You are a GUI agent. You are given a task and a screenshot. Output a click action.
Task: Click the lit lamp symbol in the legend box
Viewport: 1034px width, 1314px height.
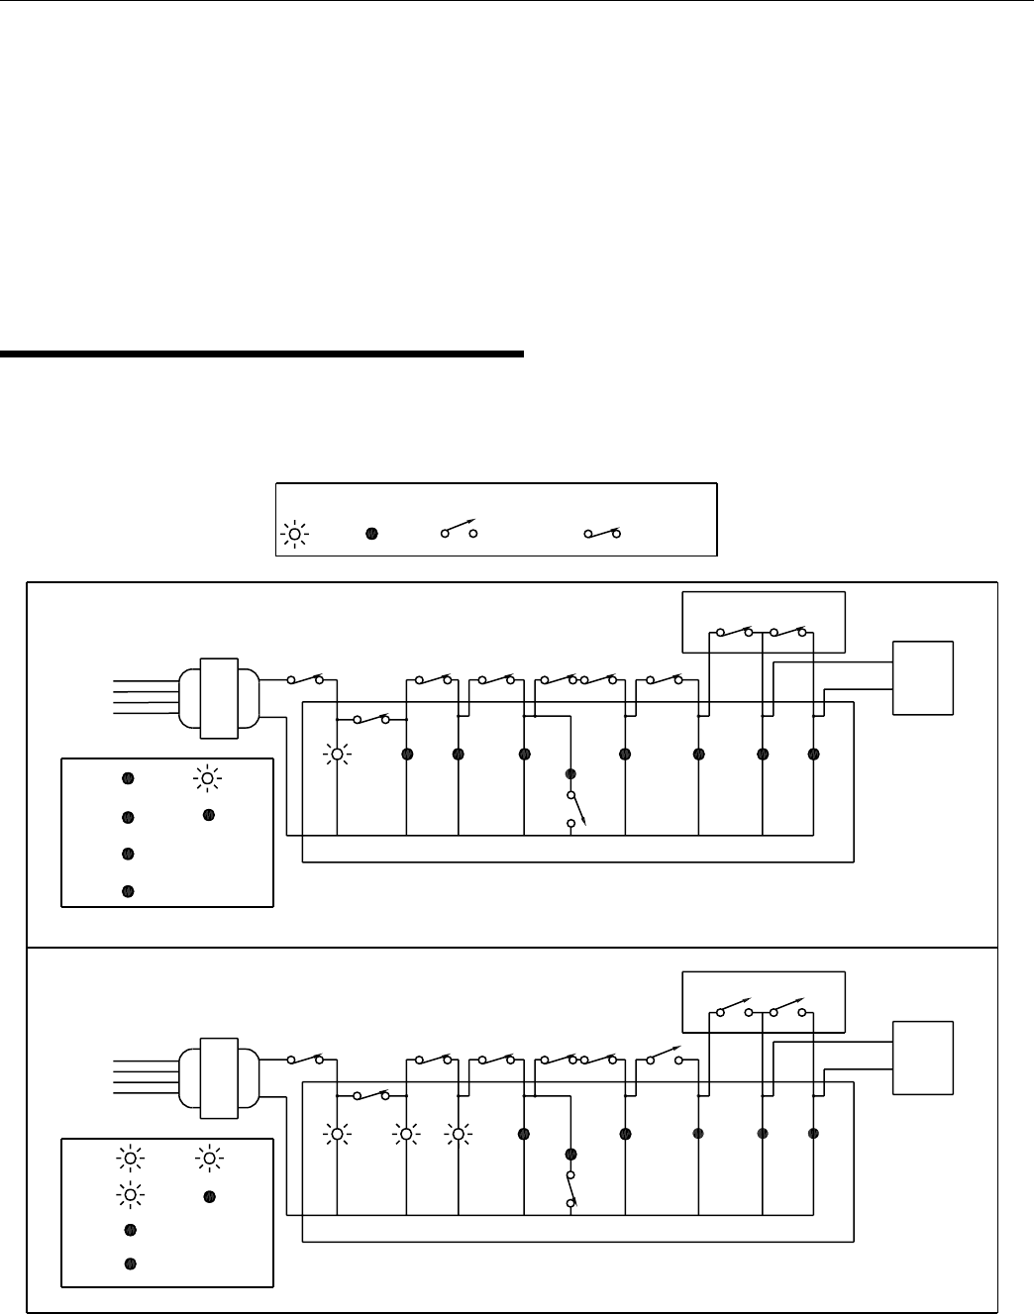pyautogui.click(x=294, y=534)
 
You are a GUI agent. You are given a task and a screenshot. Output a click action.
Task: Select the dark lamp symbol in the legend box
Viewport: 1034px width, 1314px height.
pyautogui.click(x=371, y=534)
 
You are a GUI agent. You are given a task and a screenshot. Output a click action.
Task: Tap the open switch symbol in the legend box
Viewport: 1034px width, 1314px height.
pyautogui.click(x=459, y=532)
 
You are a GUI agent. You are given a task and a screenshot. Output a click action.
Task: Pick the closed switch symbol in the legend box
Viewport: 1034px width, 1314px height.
pyautogui.click(x=602, y=533)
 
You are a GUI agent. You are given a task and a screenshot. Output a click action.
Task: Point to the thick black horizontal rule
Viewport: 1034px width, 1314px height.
pyautogui.click(x=261, y=353)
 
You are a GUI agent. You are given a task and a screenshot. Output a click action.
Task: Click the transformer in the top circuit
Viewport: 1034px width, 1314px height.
pyautogui.click(x=219, y=698)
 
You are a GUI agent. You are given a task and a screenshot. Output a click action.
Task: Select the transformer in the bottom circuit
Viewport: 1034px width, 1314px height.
pyautogui.click(x=219, y=1077)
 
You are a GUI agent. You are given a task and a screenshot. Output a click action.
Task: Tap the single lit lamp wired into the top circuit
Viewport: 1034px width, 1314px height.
pyautogui.click(x=338, y=755)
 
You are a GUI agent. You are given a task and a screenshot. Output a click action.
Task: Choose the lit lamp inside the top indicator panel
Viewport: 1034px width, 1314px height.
pyautogui.click(x=207, y=778)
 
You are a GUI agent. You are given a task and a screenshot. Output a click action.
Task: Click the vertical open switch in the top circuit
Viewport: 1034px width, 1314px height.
pyautogui.click(x=571, y=809)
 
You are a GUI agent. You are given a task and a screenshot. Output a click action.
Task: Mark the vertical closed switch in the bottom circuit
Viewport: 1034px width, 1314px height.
pyautogui.click(x=571, y=1188)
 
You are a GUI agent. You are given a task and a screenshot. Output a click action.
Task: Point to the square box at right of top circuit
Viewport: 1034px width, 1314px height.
pyautogui.click(x=923, y=677)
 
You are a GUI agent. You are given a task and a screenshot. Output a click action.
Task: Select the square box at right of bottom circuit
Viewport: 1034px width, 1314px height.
pyautogui.click(x=923, y=1058)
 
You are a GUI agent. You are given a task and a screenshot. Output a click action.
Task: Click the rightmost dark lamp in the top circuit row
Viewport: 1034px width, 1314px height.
pyautogui.click(x=813, y=755)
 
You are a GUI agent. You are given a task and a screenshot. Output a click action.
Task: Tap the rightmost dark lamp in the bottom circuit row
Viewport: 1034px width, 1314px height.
pyautogui.click(x=813, y=1134)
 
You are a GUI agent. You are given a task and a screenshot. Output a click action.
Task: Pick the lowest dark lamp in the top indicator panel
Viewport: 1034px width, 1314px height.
pyautogui.click(x=128, y=891)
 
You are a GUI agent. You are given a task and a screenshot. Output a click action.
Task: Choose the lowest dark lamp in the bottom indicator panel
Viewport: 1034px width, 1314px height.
pyautogui.click(x=130, y=1263)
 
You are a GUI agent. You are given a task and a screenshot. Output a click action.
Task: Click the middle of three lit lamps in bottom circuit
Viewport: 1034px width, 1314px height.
pyautogui.click(x=405, y=1134)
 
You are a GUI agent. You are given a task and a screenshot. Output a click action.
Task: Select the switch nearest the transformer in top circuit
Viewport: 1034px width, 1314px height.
pyautogui.click(x=305, y=680)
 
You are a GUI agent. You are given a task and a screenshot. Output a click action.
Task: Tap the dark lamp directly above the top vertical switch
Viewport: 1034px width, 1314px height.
pyautogui.click(x=570, y=773)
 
